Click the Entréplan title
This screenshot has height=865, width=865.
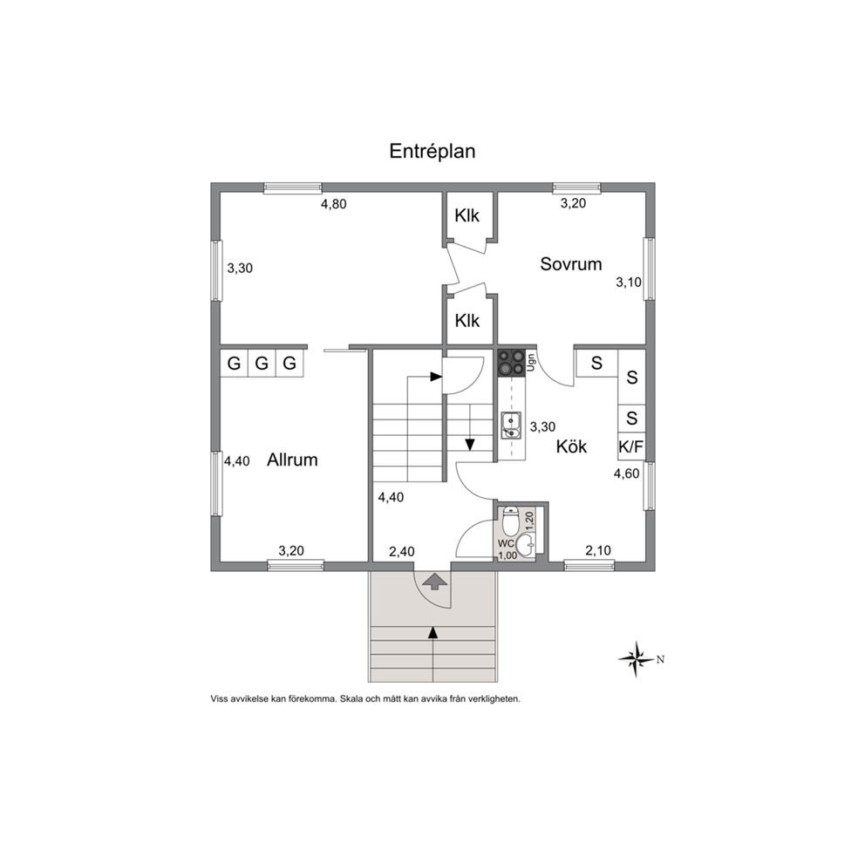point(432,151)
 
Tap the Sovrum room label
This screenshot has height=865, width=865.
point(570,263)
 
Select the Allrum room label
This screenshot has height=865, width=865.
point(292,460)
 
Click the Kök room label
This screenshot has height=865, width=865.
point(571,446)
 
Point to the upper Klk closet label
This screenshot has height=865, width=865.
point(467,215)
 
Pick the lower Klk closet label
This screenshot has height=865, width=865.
point(467,321)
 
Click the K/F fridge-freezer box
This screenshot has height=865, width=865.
point(631,446)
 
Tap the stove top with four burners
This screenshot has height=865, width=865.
point(511,363)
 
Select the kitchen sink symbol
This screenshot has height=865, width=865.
point(511,426)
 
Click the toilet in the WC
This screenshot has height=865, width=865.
point(510,521)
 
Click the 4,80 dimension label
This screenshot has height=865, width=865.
point(334,204)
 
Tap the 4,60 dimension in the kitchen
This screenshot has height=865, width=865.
point(627,473)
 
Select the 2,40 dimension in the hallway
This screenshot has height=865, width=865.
point(402,552)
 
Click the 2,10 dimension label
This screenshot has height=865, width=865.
point(598,550)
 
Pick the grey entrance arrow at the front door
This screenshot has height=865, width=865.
point(436,581)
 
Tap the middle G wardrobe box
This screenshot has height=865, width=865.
point(262,364)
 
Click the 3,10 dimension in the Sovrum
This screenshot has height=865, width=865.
point(629,283)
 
